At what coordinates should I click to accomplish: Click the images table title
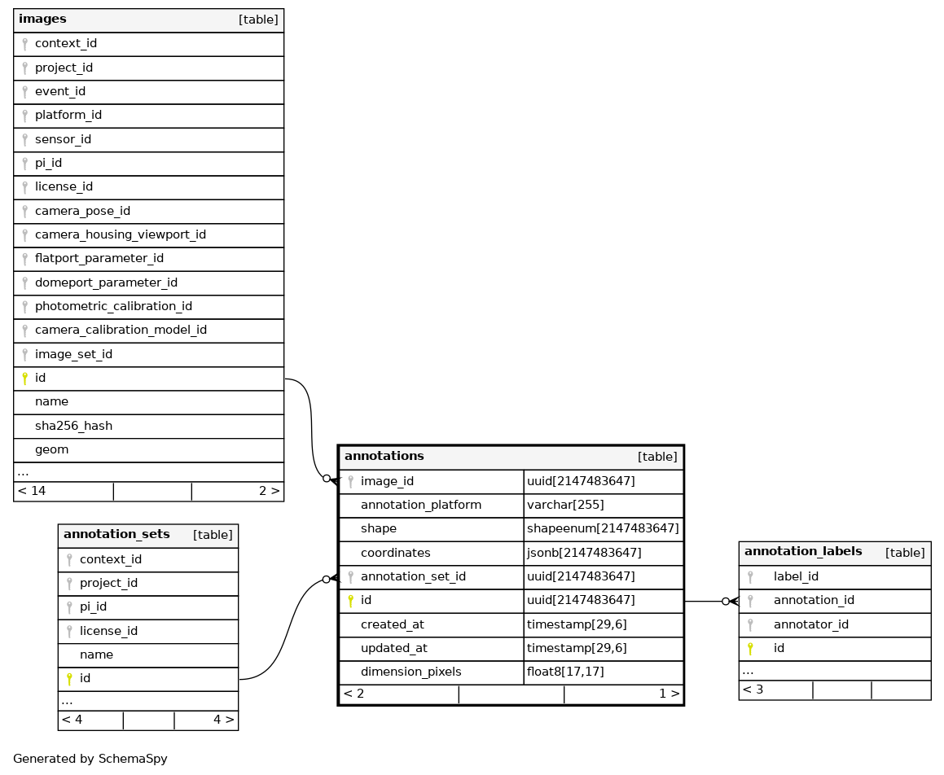tap(42, 19)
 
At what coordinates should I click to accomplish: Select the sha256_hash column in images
tap(73, 426)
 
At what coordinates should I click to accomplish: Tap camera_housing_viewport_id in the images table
tap(120, 234)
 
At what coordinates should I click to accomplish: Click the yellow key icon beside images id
tap(24, 378)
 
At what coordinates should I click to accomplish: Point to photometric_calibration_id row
tap(113, 306)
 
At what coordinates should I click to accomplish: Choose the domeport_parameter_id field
tap(106, 282)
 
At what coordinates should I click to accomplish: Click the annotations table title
tap(384, 456)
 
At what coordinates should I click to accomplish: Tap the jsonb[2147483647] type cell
tap(584, 553)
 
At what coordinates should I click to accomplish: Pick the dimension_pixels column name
tap(411, 672)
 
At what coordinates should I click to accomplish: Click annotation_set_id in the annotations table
tap(413, 576)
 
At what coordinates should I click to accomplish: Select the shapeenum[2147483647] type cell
tap(603, 528)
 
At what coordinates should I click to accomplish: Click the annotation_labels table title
tap(802, 551)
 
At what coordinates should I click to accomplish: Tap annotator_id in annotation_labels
tap(810, 624)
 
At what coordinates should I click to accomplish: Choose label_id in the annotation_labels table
tap(796, 576)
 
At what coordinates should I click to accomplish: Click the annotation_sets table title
tap(116, 534)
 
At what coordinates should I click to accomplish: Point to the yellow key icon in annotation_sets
tap(69, 678)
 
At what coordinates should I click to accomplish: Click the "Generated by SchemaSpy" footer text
tap(90, 759)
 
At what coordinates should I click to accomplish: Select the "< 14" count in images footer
tap(32, 491)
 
